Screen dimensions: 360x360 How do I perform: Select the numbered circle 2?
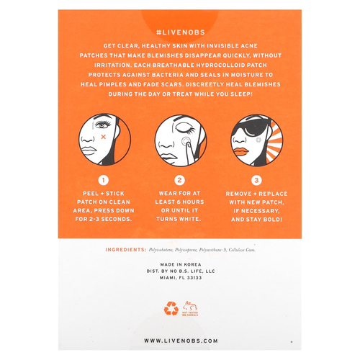[x=180, y=181]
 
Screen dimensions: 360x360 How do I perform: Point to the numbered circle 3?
[x=256, y=181]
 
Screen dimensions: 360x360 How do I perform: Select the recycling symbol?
[x=171, y=308]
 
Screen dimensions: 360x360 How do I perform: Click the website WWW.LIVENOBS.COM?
[x=179, y=340]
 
